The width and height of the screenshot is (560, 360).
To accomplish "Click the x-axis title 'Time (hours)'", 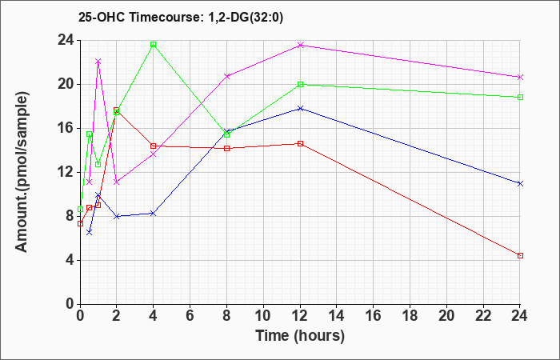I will point(300,335).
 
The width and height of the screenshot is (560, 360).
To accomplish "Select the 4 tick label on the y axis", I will point(70,260).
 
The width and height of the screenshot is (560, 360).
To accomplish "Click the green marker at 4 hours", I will point(153,45).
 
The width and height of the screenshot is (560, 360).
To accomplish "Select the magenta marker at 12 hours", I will point(300,45).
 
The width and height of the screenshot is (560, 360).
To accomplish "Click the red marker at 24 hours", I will point(520,255).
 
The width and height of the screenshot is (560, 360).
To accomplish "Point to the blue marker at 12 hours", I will point(300,108).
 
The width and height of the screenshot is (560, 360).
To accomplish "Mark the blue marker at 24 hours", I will point(520,183).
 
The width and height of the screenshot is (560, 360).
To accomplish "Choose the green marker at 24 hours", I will point(520,97).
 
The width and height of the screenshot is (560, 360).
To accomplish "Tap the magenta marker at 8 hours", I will point(227,76).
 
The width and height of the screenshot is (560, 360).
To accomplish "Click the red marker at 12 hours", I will point(300,143).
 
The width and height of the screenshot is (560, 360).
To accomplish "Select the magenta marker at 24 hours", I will point(520,77).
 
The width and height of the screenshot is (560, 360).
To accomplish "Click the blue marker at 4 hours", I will point(153,213).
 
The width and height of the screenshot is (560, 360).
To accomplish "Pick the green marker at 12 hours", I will point(300,84).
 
